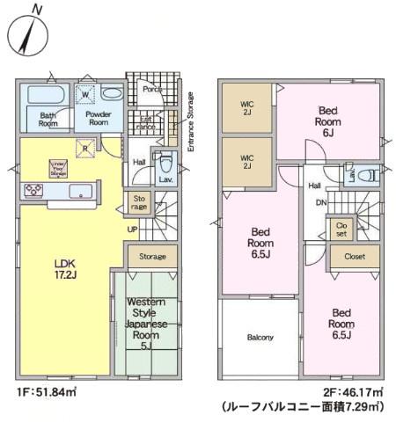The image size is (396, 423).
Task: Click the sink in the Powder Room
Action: pos(112,92)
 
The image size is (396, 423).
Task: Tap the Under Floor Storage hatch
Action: pos(86,149)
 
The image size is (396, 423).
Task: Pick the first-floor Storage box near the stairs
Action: pos(151,257)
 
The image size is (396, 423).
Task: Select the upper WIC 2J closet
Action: pos(248,108)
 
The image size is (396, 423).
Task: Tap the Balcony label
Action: pos(260,338)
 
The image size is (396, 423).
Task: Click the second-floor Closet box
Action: pos(356,257)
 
